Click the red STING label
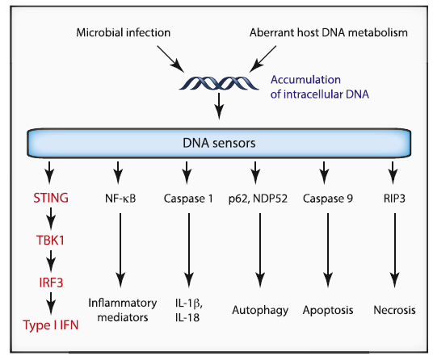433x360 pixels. coord(51,198)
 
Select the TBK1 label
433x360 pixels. coord(51,241)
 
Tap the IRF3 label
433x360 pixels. coord(51,283)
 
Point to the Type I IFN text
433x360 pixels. coord(51,325)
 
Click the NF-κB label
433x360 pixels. coord(120,199)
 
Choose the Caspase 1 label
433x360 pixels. coord(188,199)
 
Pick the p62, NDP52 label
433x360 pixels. coord(258,199)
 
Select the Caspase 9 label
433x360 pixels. coord(328,199)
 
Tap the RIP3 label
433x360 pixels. coord(394,199)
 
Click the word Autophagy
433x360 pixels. coord(260,310)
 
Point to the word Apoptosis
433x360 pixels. coord(328,310)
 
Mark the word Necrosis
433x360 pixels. coord(394,310)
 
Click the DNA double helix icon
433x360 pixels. coord(219,83)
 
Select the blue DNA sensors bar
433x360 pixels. coord(219,143)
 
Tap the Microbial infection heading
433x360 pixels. coord(123,32)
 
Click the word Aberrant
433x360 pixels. coord(272,32)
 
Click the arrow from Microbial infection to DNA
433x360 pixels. coord(170,59)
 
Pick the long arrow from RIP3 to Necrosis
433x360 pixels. coord(395,250)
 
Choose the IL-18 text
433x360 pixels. coord(187,317)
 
